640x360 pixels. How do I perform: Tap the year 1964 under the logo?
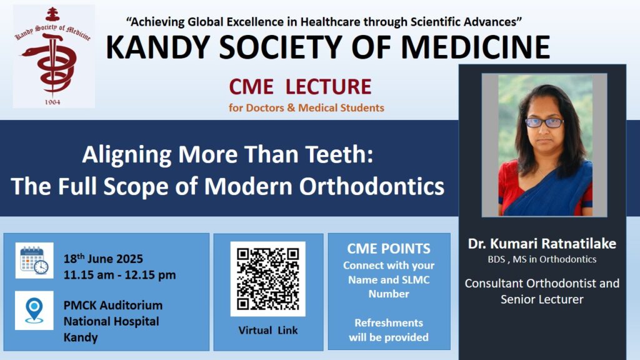pyautogui.click(x=52, y=102)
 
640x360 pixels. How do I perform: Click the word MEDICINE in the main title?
pyautogui.click(x=476, y=47)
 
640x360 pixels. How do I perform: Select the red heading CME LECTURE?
pyautogui.click(x=300, y=86)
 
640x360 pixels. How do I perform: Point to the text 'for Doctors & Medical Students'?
pyautogui.click(x=306, y=107)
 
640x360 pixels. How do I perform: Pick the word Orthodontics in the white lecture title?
pyautogui.click(x=372, y=186)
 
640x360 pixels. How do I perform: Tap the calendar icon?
pyautogui.click(x=34, y=261)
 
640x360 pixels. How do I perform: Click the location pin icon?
pyautogui.click(x=34, y=311)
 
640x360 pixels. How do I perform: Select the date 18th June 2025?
pyautogui.click(x=103, y=258)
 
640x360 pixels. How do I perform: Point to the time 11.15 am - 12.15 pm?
pyautogui.click(x=119, y=275)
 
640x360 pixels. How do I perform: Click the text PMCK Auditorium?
pyautogui.click(x=113, y=305)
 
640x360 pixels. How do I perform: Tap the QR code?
pyautogui.click(x=267, y=279)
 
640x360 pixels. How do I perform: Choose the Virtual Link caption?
pyautogui.click(x=268, y=330)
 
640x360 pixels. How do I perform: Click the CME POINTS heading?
pyautogui.click(x=389, y=249)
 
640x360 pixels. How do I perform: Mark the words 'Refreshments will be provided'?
pyautogui.click(x=389, y=330)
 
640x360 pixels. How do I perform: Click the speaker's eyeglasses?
pyautogui.click(x=544, y=122)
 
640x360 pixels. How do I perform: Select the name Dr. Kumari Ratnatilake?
pyautogui.click(x=542, y=244)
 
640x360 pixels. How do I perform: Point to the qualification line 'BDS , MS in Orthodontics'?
pyautogui.click(x=542, y=259)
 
